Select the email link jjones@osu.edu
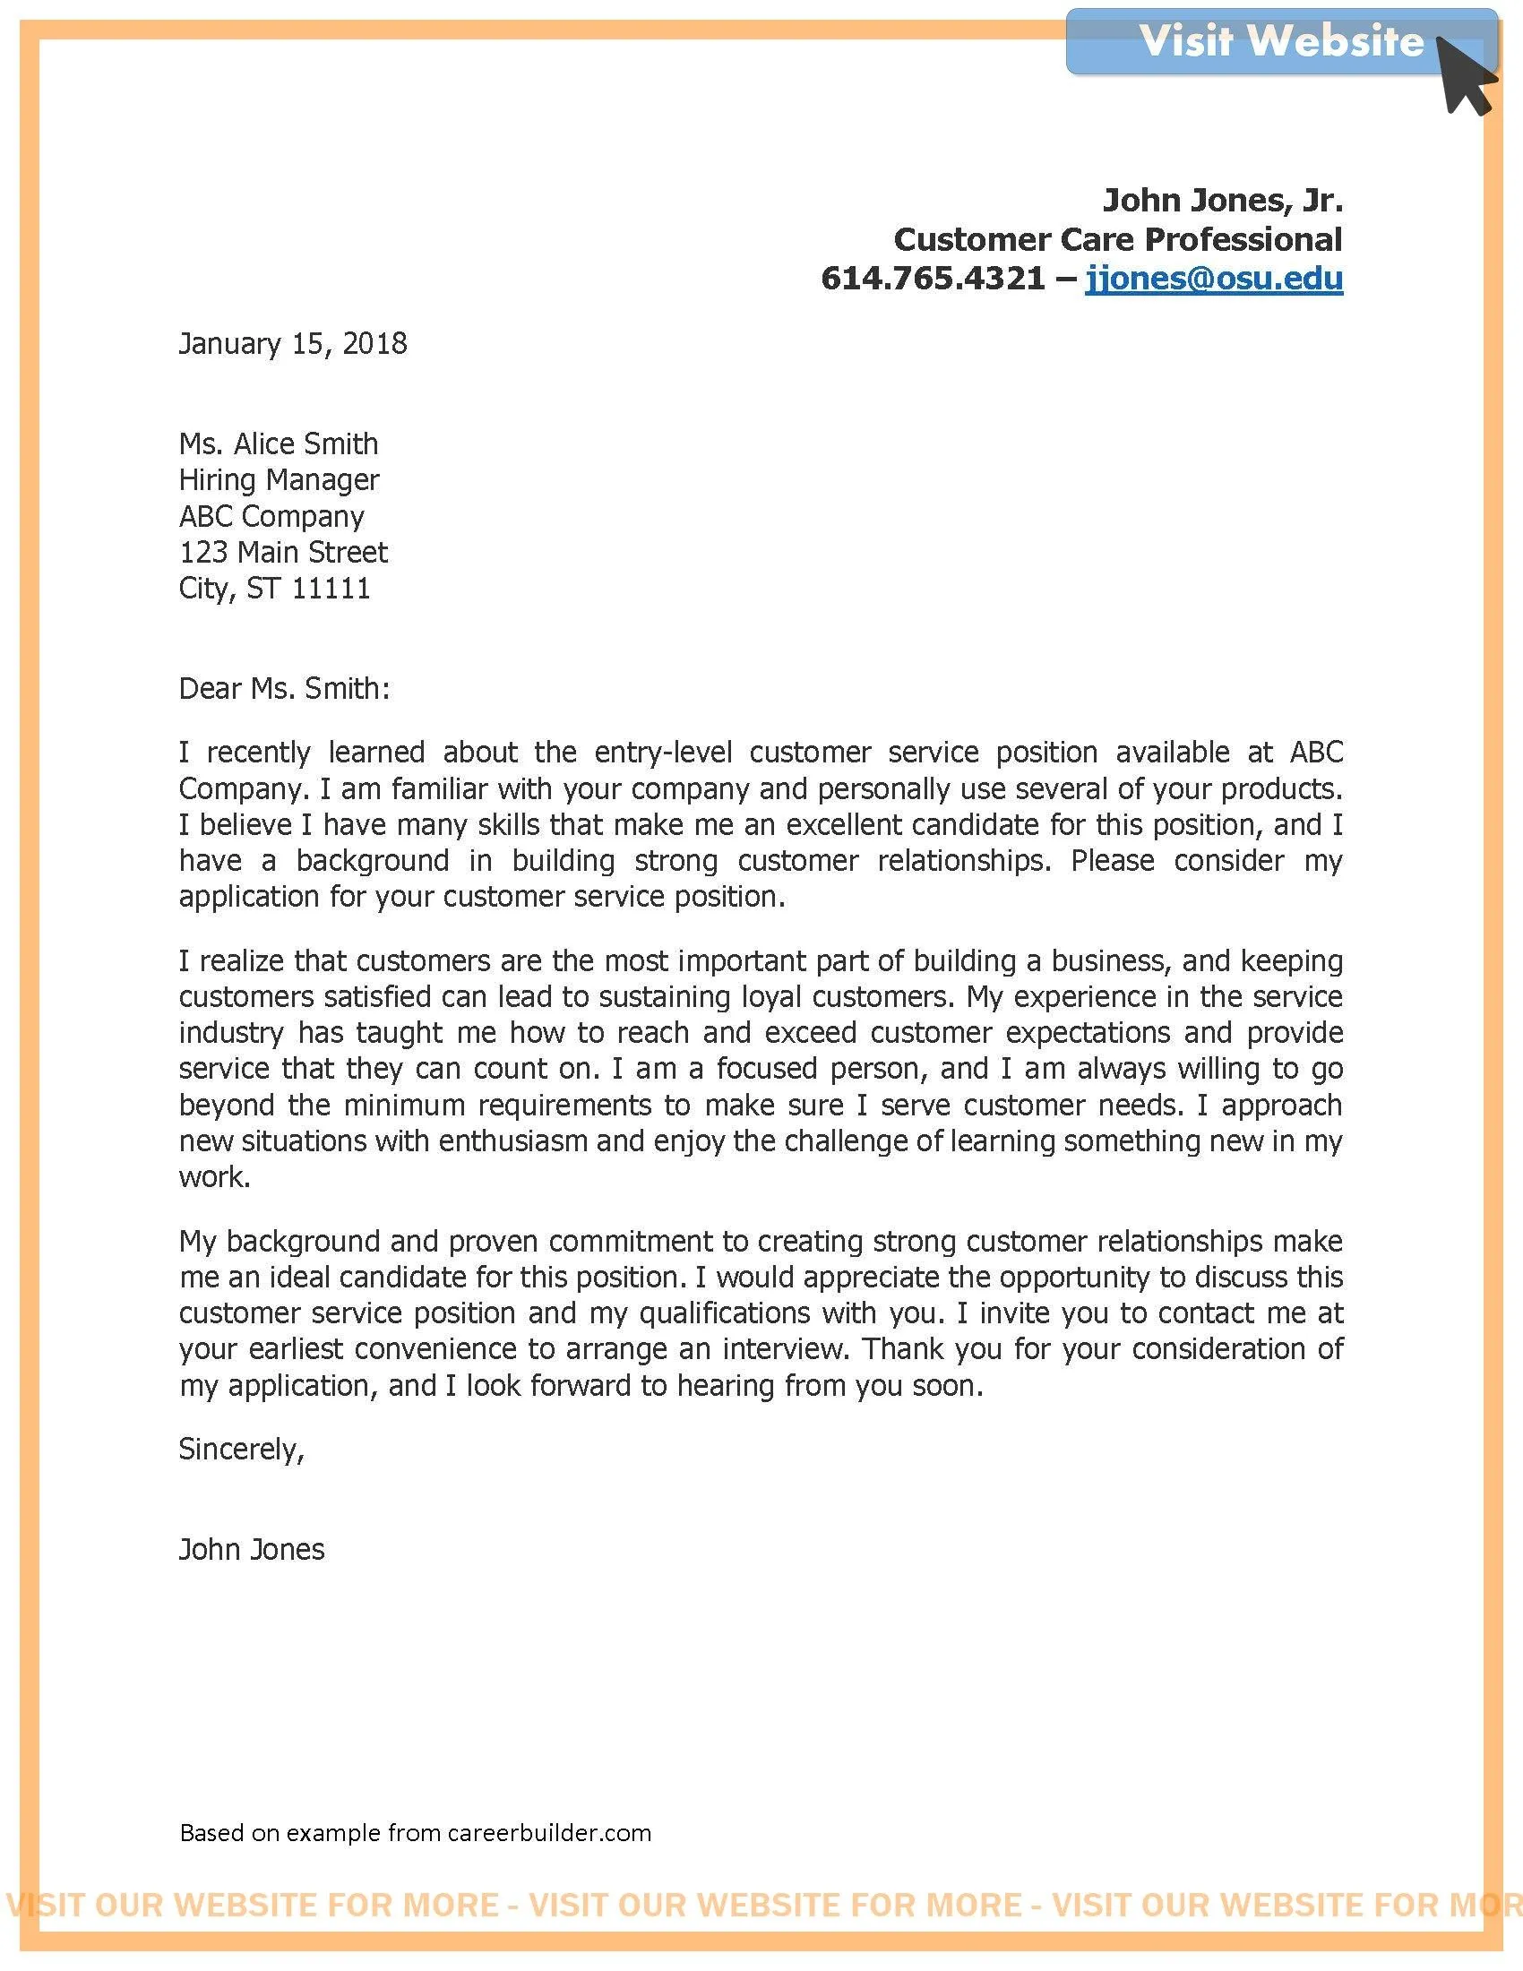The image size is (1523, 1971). (1214, 278)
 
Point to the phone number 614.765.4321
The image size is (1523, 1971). (933, 278)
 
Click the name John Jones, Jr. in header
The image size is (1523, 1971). (1223, 200)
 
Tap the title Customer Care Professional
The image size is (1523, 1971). (1118, 239)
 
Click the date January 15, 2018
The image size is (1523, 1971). (293, 344)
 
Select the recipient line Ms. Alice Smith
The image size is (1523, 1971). (279, 444)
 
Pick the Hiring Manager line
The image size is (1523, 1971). (279, 480)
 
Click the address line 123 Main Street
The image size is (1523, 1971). (283, 552)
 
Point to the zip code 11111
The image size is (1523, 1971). (331, 589)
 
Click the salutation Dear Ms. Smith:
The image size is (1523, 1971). (284, 689)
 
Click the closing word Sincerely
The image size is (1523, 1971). (240, 1449)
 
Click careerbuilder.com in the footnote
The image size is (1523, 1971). (548, 1833)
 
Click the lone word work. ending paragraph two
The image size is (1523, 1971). (215, 1177)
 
